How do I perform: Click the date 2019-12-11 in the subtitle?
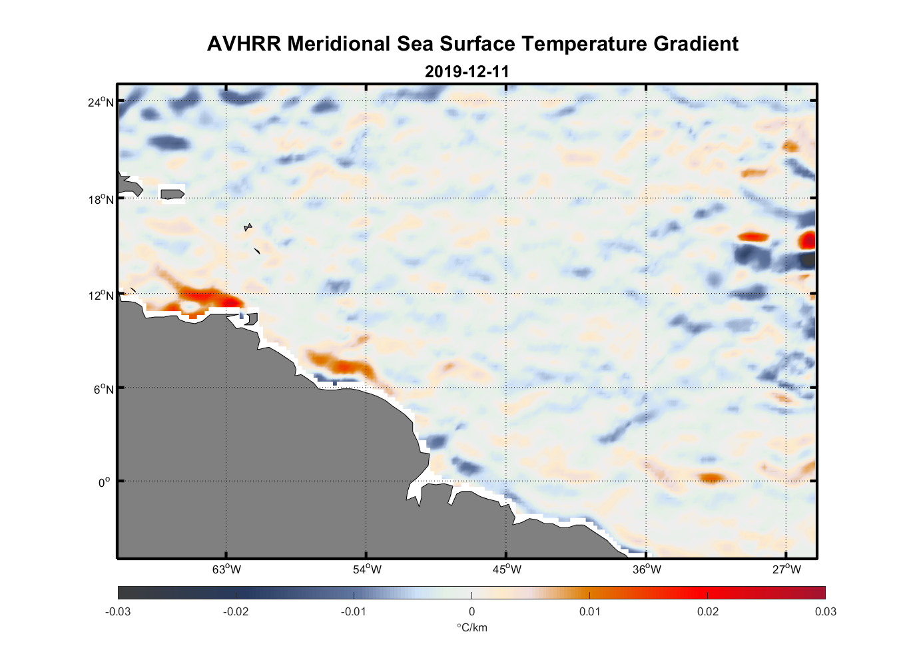coord(467,71)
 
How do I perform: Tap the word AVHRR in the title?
coord(244,44)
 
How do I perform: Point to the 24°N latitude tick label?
coord(101,102)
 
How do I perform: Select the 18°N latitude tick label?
coord(101,199)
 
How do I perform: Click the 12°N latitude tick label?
coord(101,295)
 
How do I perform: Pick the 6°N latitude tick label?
coord(103,389)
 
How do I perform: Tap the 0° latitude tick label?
coord(104,482)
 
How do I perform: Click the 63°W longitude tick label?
coord(226,569)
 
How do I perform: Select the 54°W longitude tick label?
coord(366,569)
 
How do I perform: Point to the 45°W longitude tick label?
coord(507,569)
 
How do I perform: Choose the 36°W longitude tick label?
coord(647,569)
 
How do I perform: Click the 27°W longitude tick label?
coord(786,569)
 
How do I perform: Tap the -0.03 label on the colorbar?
coord(118,611)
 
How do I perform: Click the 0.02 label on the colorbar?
coord(708,611)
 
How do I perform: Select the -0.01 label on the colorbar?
coord(354,611)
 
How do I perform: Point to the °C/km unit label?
coord(471,627)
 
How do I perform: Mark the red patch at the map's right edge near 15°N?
coord(808,240)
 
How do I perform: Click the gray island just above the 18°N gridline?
coord(172,194)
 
